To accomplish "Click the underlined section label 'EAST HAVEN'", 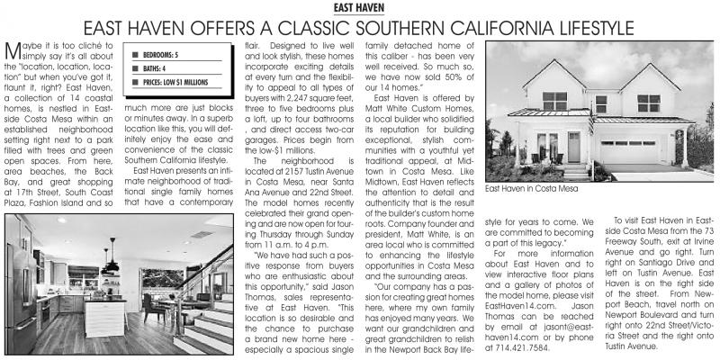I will tap(359, 8).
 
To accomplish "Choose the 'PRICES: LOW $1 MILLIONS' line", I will tap(175, 82).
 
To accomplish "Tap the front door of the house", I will tap(573, 147).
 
